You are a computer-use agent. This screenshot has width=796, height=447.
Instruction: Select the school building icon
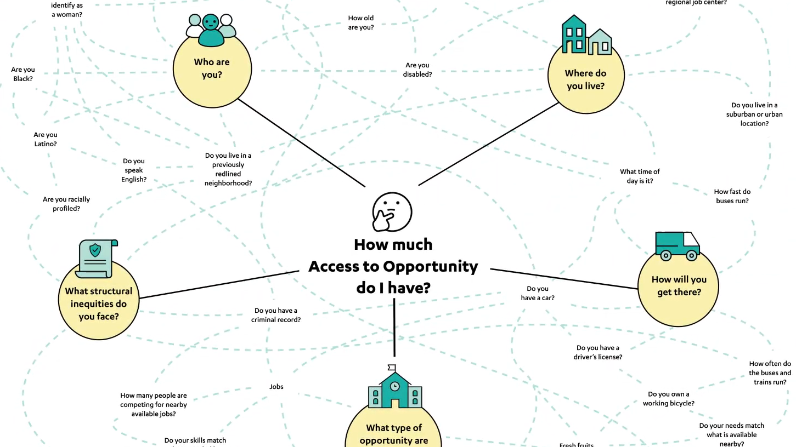[x=394, y=389]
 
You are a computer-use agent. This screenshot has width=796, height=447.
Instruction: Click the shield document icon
[x=97, y=257]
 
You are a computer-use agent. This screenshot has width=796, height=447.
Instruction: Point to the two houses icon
[x=586, y=36]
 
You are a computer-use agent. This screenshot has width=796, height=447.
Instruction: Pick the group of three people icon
[x=211, y=30]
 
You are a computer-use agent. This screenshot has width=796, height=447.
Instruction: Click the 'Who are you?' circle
[x=212, y=68]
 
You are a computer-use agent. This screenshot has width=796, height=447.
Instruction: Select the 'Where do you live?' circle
[x=586, y=80]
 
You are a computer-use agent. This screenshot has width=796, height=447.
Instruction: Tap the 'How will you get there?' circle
[x=679, y=286]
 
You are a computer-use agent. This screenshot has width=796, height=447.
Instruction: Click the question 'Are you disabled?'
[x=417, y=70]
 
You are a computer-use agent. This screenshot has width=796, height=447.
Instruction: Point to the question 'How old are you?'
[x=361, y=22]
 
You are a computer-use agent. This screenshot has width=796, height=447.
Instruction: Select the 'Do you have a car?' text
[x=538, y=293]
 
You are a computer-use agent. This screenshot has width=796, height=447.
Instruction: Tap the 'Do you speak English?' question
[x=134, y=170]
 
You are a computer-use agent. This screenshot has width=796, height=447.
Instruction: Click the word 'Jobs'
[x=276, y=386]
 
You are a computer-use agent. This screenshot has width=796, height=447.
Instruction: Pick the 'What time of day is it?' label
[x=640, y=176]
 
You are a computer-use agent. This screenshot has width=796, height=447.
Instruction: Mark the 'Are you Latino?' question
[x=46, y=139]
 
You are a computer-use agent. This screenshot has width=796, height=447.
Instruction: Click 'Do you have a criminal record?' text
[x=276, y=315]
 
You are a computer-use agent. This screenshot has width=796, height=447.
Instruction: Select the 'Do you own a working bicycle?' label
[x=668, y=398]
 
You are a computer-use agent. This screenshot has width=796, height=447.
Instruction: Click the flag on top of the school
[x=391, y=367]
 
